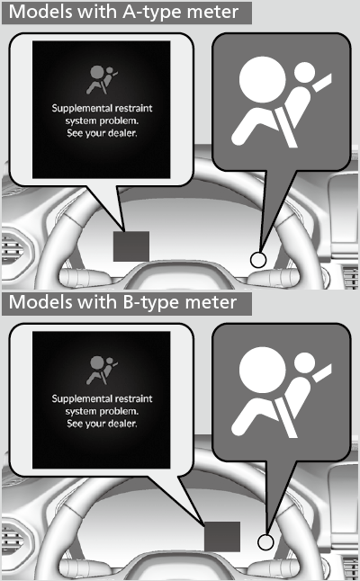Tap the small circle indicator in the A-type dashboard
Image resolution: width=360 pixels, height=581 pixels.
tap(258, 259)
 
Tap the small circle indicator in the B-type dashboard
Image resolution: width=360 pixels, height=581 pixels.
tap(265, 542)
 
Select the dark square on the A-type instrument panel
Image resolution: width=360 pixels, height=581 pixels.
tap(131, 246)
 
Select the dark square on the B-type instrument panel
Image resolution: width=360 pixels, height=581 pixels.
tap(222, 537)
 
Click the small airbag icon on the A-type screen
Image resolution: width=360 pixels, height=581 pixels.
tap(101, 80)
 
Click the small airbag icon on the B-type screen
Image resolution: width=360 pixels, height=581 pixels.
tap(101, 371)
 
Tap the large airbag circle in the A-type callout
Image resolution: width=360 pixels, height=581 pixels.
tap(263, 80)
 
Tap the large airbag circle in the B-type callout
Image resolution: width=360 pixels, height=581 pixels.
tap(263, 371)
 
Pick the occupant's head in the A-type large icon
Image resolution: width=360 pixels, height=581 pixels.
tap(304, 72)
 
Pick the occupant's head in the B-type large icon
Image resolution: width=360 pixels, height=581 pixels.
tap(304, 362)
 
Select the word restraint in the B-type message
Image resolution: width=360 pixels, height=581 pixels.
tap(133, 398)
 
